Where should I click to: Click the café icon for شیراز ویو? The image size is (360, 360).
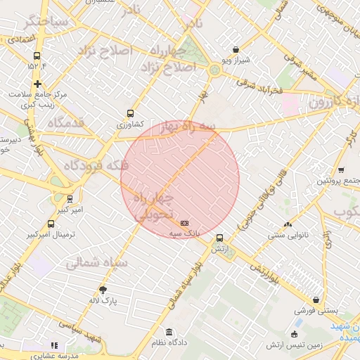point(235,50)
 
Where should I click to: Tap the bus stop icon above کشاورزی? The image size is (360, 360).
point(130,112)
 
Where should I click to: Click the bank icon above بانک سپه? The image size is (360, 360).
point(184,223)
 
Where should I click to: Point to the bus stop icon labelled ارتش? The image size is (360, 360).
point(220,238)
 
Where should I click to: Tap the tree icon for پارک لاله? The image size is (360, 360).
point(103,289)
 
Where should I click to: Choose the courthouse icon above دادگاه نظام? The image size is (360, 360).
point(168,332)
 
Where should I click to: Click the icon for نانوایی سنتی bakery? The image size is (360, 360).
point(287,224)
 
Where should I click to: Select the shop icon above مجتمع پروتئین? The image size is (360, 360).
point(341,170)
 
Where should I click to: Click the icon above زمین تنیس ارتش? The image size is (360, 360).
point(294,334)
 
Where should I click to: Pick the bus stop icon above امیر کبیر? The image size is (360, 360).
point(69,199)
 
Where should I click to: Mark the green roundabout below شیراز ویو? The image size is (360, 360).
point(214,69)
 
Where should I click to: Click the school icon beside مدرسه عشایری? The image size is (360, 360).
point(53,345)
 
